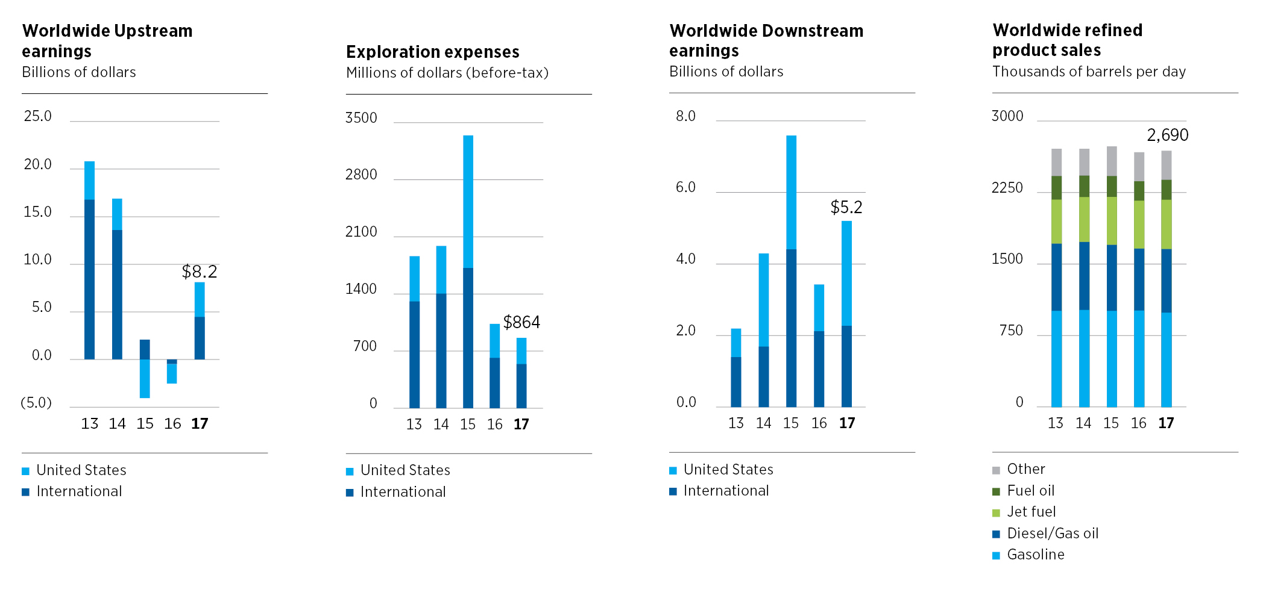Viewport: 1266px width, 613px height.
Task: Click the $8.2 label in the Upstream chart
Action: [x=199, y=272]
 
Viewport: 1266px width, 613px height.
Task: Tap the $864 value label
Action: [x=521, y=323]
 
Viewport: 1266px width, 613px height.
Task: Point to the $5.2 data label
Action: [x=846, y=208]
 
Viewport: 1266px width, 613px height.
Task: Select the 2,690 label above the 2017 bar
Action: [x=1167, y=135]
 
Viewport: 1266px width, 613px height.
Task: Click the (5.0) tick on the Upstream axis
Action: [x=36, y=403]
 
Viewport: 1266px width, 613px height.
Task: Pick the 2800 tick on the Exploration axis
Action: [x=361, y=175]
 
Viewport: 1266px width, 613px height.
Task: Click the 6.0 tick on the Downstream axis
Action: [x=685, y=188]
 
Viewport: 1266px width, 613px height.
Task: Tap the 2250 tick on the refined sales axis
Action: [x=1007, y=188]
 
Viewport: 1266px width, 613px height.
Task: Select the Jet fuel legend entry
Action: [x=1031, y=512]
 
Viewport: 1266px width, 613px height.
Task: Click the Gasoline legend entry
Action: [x=1035, y=555]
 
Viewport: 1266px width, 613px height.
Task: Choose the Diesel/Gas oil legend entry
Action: [x=1052, y=534]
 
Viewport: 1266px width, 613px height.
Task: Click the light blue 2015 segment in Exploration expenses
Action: [x=468, y=202]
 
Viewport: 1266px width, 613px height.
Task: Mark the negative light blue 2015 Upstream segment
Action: [x=145, y=378]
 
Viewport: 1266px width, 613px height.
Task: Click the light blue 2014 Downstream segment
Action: [x=763, y=300]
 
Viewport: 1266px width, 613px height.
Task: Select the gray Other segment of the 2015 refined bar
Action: [x=1112, y=161]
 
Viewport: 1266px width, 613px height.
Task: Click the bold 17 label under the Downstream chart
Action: [x=846, y=424]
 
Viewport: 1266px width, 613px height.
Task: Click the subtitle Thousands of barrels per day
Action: [x=1089, y=72]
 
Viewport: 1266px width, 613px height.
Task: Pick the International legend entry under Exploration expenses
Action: [x=403, y=493]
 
